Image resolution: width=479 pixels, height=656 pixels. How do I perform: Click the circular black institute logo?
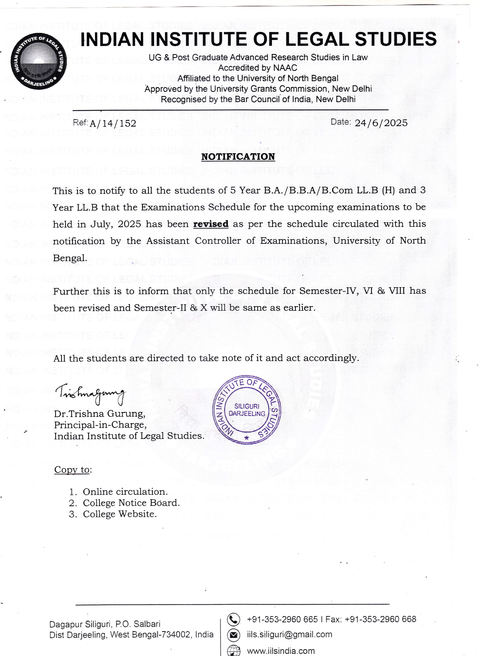(38, 63)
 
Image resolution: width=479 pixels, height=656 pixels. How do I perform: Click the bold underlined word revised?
(211, 224)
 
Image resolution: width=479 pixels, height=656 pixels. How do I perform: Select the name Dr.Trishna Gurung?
(99, 414)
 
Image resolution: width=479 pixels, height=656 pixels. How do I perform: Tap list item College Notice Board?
(131, 503)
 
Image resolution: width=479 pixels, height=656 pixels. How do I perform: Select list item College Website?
(120, 514)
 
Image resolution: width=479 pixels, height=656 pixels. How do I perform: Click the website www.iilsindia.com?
(281, 651)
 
